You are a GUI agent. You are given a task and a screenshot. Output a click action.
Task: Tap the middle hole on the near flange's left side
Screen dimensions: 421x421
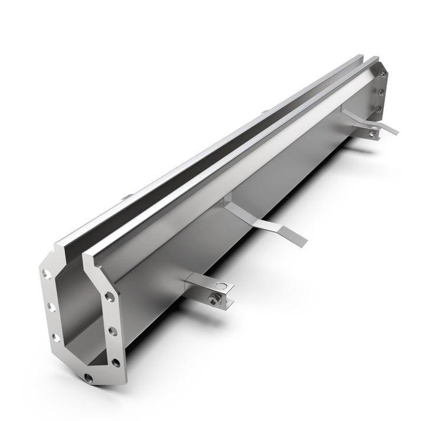[50, 307]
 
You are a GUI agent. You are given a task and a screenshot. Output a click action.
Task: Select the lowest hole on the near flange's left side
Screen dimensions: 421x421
[55, 337]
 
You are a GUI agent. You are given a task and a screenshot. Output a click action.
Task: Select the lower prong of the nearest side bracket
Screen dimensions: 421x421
[227, 303]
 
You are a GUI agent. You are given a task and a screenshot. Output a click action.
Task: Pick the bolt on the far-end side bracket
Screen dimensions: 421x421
[371, 134]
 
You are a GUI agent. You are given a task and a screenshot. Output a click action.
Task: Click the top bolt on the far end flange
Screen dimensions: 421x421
[384, 74]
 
